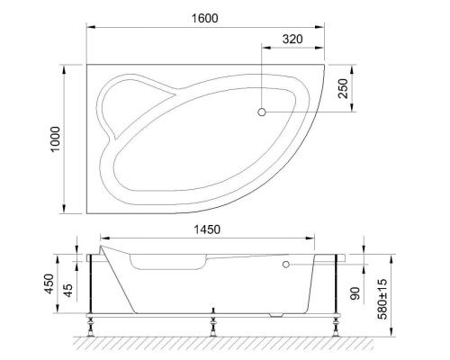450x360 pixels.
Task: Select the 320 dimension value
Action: (292, 40)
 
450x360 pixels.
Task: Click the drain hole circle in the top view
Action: (262, 112)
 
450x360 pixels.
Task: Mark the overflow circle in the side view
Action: (286, 265)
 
